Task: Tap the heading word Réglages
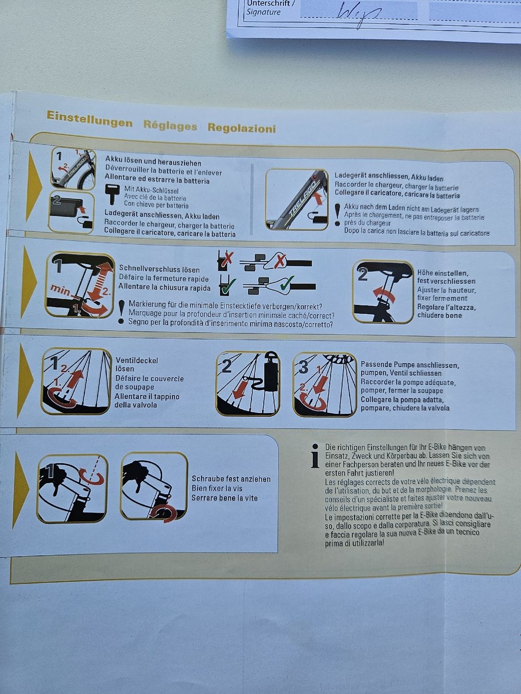[x=170, y=125]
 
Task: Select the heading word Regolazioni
[x=242, y=127]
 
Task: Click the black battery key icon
[x=112, y=194]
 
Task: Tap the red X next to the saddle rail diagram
[x=280, y=261]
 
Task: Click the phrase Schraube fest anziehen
[x=231, y=479]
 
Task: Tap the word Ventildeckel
[x=137, y=360]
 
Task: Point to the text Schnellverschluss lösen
[x=159, y=269]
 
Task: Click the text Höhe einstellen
[x=443, y=273]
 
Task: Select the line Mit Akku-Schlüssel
[x=151, y=190]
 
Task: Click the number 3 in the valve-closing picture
[x=303, y=367]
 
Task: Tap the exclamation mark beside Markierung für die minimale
[x=121, y=312]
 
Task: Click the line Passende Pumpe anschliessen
[x=409, y=365]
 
